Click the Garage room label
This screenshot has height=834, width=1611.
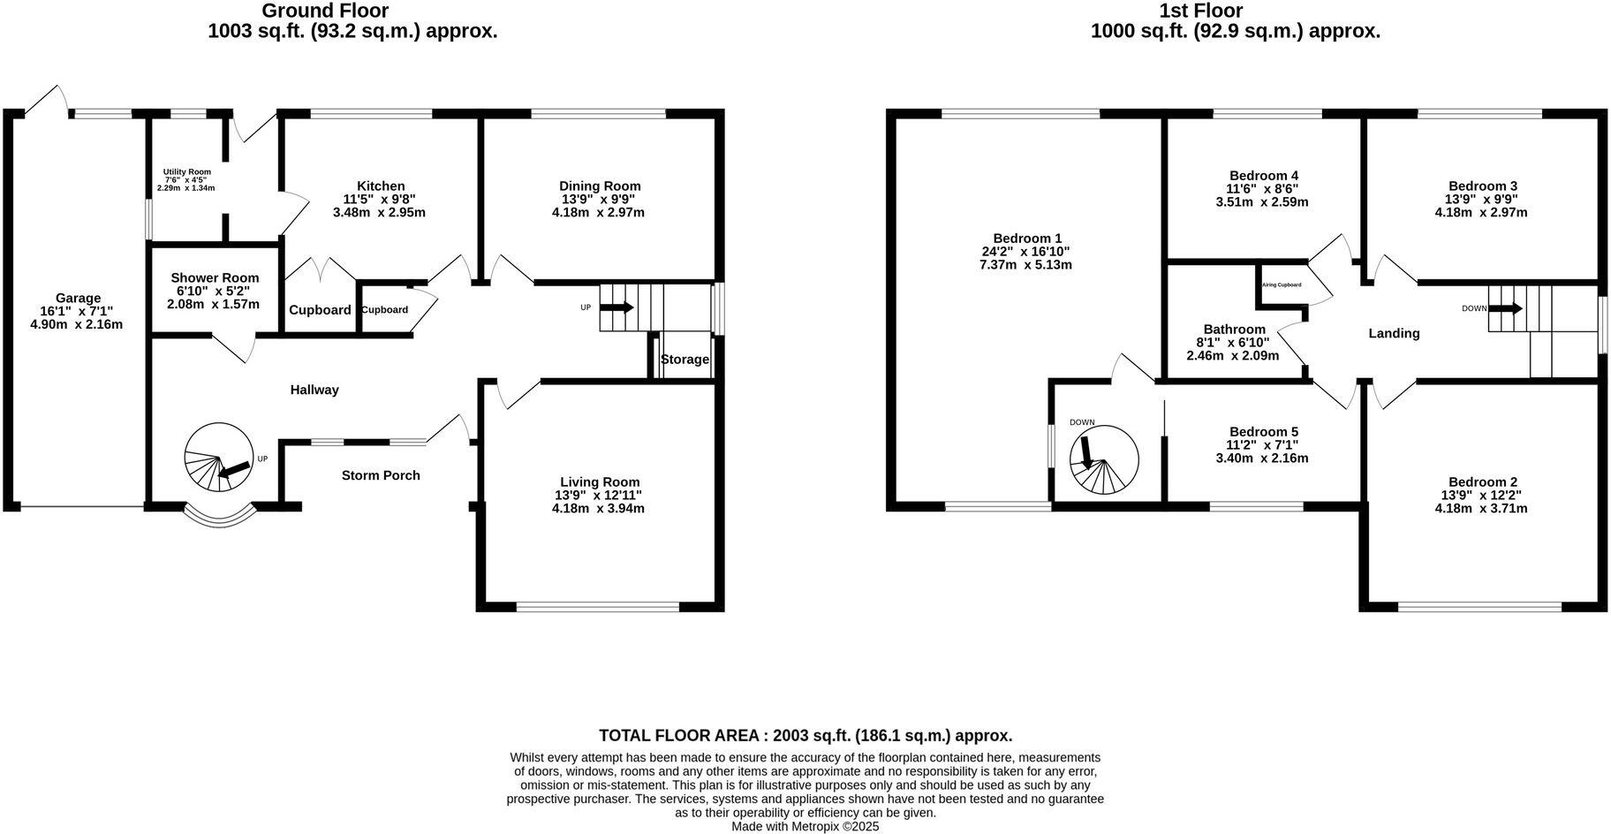pyautogui.click(x=78, y=299)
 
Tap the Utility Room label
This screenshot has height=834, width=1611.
pyautogui.click(x=186, y=172)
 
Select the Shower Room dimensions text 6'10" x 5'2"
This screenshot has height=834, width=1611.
pyautogui.click(x=215, y=291)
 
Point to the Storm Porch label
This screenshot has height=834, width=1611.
pyautogui.click(x=381, y=475)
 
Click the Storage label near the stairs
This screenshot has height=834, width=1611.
pyautogui.click(x=684, y=360)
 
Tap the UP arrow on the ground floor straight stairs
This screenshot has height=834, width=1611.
pyautogui.click(x=616, y=307)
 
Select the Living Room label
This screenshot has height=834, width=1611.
pyautogui.click(x=599, y=482)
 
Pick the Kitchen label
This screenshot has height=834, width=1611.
pyautogui.click(x=381, y=186)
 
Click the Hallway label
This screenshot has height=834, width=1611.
pyautogui.click(x=314, y=390)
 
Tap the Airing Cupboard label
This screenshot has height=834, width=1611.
pyautogui.click(x=1282, y=285)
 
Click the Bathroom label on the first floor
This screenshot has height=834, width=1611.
pyautogui.click(x=1234, y=330)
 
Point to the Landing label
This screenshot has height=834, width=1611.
pyautogui.click(x=1394, y=333)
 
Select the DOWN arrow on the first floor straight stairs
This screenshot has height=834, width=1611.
pyautogui.click(x=1505, y=308)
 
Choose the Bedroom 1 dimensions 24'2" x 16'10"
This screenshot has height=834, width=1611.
pyautogui.click(x=1025, y=252)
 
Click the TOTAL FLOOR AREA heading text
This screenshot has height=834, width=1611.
pyautogui.click(x=805, y=735)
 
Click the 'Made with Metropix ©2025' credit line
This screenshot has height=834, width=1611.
pyautogui.click(x=805, y=827)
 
